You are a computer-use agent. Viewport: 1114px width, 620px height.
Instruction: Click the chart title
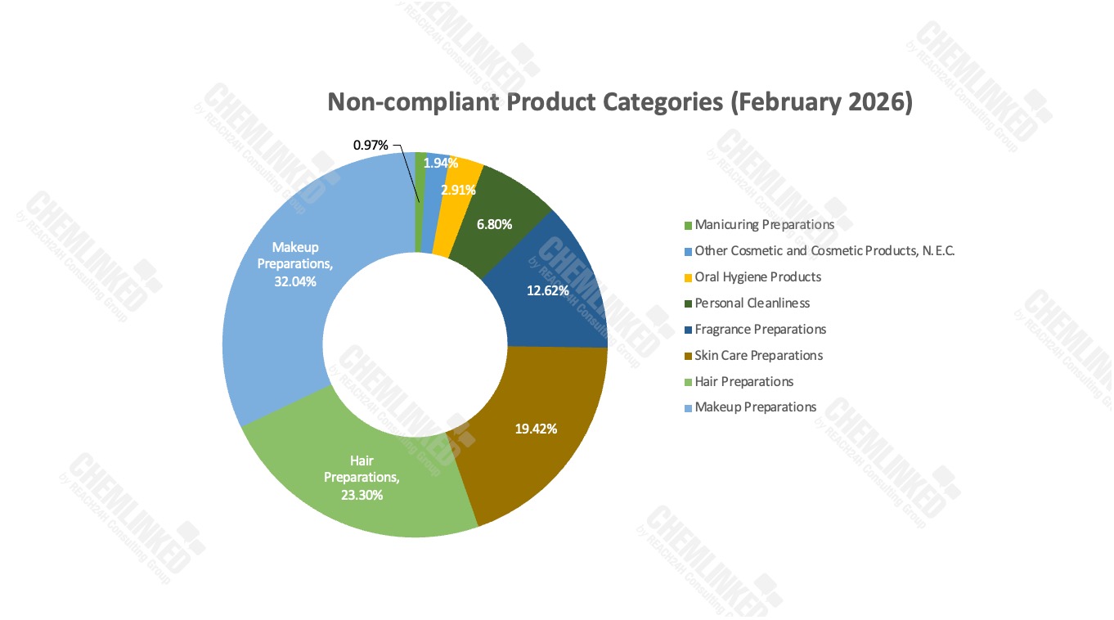620,102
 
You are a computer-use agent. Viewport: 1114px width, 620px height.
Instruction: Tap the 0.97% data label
371,145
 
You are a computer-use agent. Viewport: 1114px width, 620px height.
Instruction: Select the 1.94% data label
440,163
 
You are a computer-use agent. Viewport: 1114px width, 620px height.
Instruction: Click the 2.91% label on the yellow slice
458,190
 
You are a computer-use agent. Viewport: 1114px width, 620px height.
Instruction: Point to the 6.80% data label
494,225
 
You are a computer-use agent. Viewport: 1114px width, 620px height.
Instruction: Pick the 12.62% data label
547,291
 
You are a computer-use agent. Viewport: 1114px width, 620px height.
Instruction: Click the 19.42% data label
536,429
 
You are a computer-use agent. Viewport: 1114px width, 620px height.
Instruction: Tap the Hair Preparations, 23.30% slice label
362,478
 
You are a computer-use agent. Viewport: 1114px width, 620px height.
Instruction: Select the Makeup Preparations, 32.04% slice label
295,264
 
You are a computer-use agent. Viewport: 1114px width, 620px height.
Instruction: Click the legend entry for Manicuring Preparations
759,225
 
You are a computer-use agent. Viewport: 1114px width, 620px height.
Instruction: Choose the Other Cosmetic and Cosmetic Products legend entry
820,251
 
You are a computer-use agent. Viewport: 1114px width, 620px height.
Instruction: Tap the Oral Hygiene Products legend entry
753,277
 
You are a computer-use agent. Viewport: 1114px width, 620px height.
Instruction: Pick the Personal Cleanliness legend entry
747,303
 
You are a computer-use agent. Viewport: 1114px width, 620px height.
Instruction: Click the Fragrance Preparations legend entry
756,330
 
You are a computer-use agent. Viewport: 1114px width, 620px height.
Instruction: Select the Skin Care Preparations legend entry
753,356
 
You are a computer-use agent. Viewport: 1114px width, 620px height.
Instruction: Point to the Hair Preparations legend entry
739,382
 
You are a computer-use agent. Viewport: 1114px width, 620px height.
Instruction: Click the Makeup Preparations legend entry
751,407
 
